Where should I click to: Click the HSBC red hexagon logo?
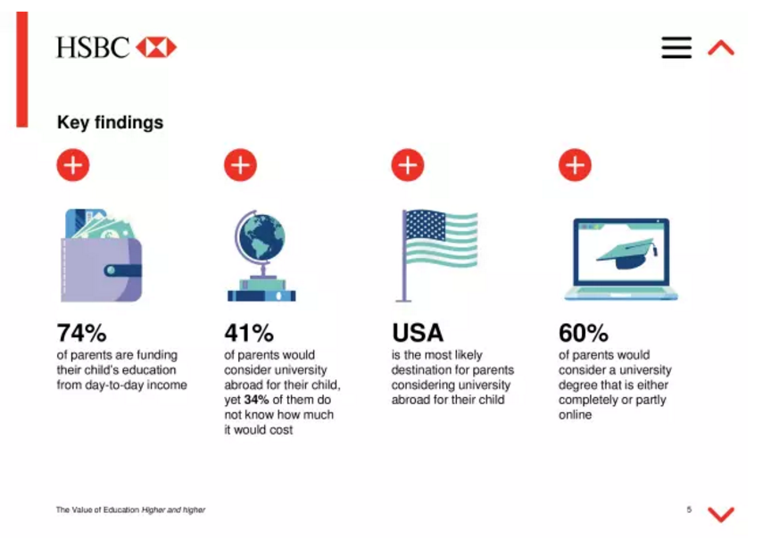click(156, 47)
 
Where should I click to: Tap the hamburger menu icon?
click(676, 47)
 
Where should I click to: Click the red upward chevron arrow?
click(721, 47)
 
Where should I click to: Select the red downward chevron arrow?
click(721, 514)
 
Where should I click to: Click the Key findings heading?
click(110, 122)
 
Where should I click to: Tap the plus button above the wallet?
click(73, 165)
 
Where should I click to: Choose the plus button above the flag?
click(408, 165)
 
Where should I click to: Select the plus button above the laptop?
click(576, 165)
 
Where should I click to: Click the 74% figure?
click(81, 333)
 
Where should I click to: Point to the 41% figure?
click(249, 333)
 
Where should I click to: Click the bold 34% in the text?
click(256, 400)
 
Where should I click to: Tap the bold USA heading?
click(418, 333)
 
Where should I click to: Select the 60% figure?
click(583, 333)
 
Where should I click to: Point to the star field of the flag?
click(426, 225)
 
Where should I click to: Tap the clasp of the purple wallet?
click(122, 270)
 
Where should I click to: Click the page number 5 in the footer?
click(689, 509)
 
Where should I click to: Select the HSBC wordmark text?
click(93, 47)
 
